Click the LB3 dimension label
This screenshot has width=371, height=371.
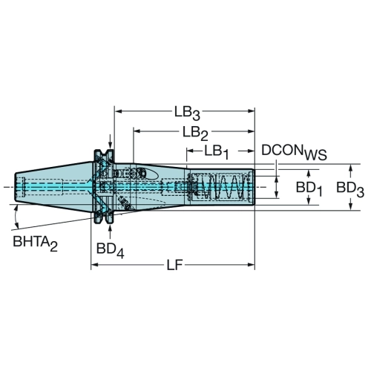click(187, 114)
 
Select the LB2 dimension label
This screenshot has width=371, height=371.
click(195, 134)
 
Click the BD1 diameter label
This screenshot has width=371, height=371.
click(309, 189)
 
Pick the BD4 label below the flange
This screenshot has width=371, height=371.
click(110, 250)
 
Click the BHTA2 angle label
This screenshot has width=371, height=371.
click(35, 243)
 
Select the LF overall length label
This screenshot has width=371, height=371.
click(174, 266)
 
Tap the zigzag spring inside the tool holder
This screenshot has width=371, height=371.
click(220, 187)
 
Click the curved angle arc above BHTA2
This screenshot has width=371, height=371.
click(16, 217)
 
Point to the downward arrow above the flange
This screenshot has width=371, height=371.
click(111, 142)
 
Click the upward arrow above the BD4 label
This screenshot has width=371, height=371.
click(111, 232)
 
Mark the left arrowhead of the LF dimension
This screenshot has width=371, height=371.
click(95, 265)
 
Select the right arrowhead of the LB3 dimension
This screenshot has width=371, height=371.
click(251, 111)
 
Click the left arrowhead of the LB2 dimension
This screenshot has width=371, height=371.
click(137, 131)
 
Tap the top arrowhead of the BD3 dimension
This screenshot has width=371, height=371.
click(350, 168)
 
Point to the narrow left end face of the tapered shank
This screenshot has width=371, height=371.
click(16, 187)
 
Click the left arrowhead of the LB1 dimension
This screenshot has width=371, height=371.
click(190, 151)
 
